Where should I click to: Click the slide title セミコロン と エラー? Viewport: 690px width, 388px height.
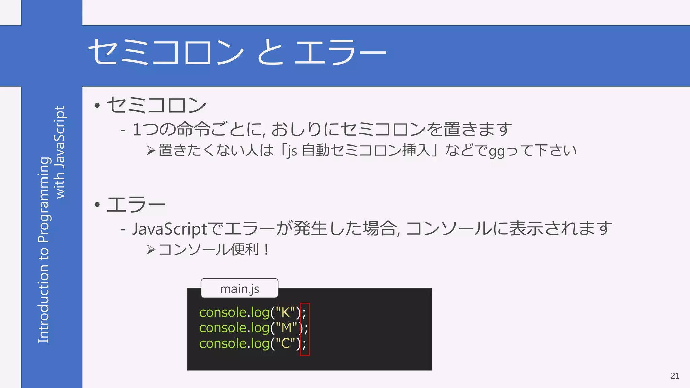[237, 52]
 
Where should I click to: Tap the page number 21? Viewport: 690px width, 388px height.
[675, 376]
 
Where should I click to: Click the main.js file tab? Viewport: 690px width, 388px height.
[239, 289]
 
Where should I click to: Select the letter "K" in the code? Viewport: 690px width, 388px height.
[285, 313]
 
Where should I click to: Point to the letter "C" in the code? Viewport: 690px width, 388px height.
[285, 344]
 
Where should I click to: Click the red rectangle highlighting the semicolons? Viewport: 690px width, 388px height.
[305, 329]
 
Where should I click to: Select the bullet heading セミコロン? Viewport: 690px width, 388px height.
[157, 105]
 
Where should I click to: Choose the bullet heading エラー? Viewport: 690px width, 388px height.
[136, 204]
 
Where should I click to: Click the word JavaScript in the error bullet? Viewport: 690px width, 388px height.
[169, 229]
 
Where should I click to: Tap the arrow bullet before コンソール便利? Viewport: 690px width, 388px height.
[151, 250]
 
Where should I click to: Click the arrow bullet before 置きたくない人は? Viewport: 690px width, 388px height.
[151, 151]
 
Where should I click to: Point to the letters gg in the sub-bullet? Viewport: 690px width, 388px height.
[497, 151]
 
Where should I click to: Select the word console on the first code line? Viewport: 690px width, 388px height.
[223, 313]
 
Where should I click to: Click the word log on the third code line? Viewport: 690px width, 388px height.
[260, 344]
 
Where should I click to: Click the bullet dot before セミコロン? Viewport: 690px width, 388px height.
[97, 106]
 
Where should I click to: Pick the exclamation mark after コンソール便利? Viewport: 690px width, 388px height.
[266, 250]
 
